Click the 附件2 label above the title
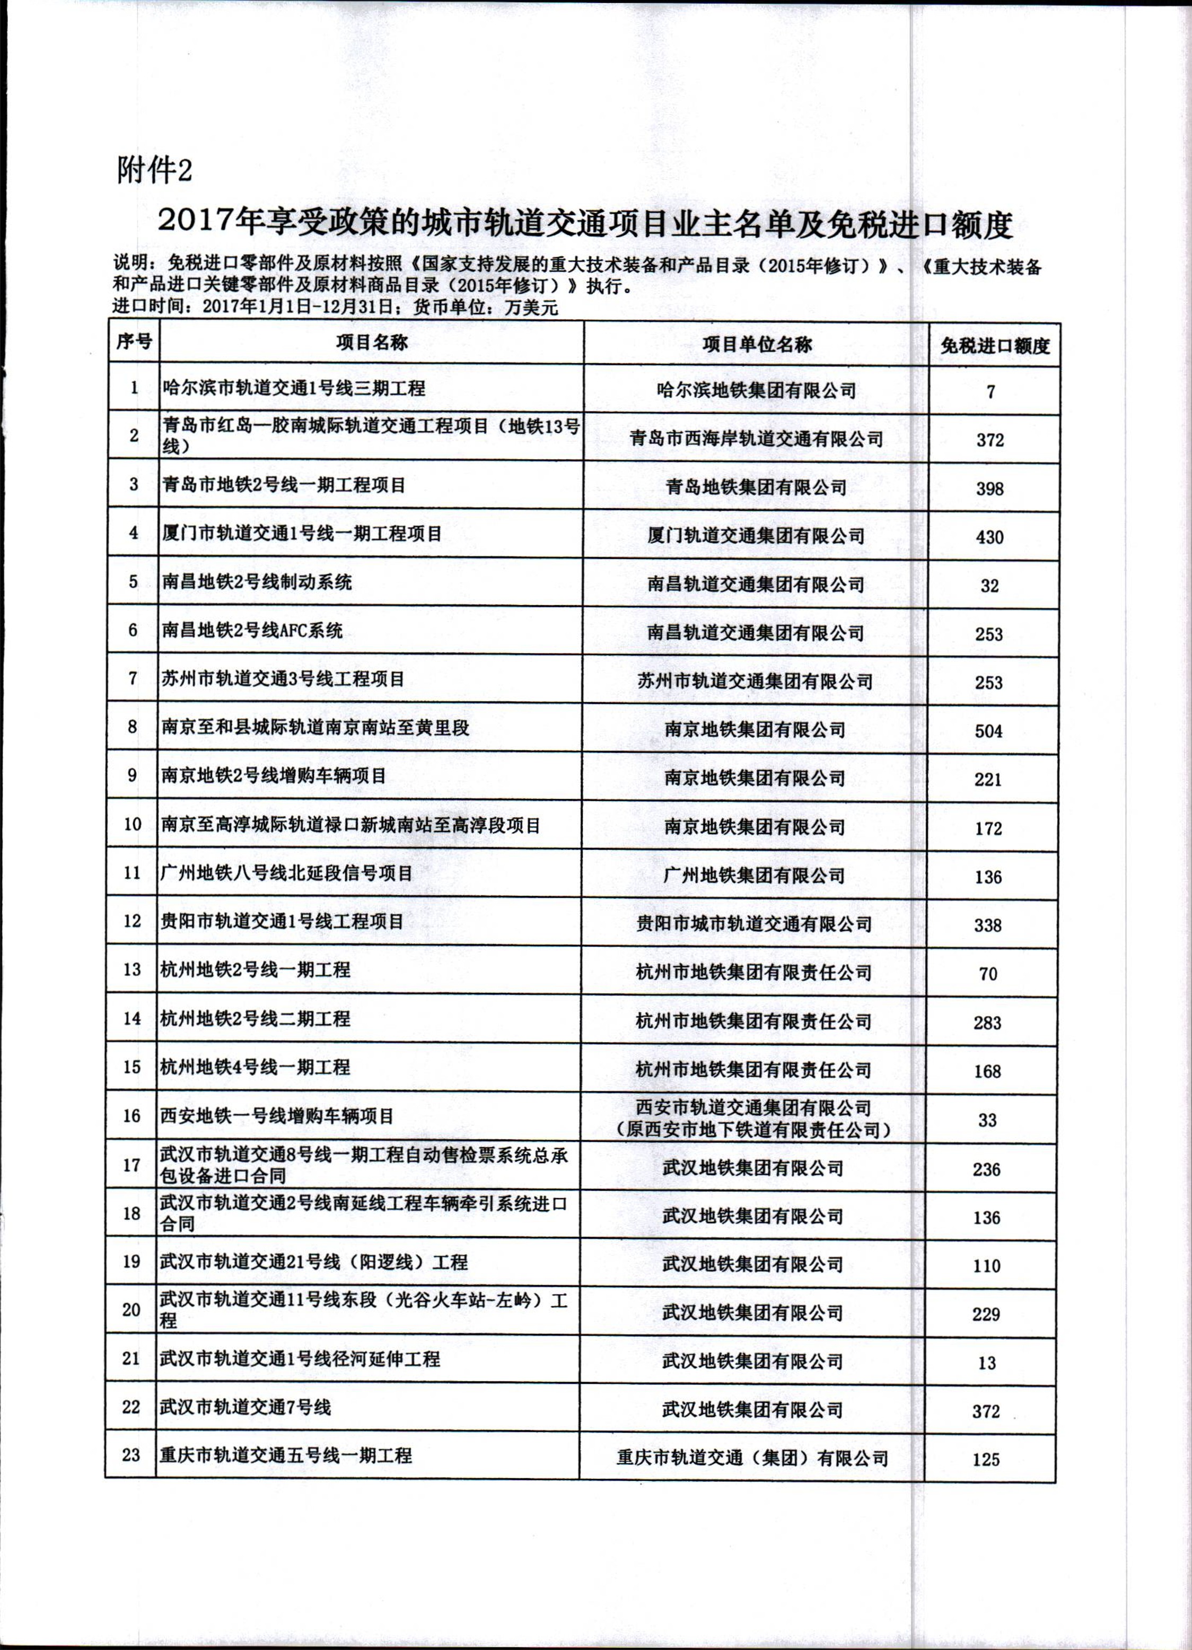point(154,171)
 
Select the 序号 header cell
point(133,341)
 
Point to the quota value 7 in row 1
point(991,392)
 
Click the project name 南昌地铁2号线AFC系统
point(252,630)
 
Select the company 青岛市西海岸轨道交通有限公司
point(756,439)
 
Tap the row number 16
point(132,1116)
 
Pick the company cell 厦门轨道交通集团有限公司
point(756,536)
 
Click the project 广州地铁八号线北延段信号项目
point(286,872)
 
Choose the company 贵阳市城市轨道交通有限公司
point(754,924)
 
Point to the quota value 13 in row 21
point(987,1363)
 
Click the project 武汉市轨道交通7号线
point(246,1408)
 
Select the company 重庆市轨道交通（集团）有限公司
point(753,1458)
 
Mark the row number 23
point(131,1455)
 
